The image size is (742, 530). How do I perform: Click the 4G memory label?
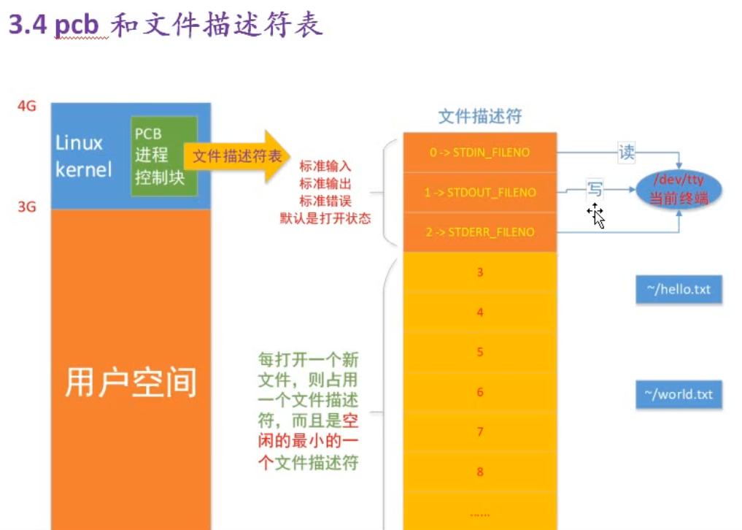(x=27, y=106)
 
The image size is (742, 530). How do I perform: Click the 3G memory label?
(x=27, y=207)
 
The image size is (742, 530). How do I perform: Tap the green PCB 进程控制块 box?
(x=163, y=155)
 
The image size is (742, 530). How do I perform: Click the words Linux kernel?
(x=83, y=156)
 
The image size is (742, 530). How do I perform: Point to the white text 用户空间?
(x=131, y=382)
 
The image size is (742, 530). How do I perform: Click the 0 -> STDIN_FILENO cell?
(x=479, y=153)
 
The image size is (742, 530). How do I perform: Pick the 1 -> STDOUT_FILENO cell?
(x=479, y=193)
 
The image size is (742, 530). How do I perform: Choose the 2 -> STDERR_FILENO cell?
(x=479, y=232)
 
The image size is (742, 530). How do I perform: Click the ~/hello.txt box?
(x=679, y=290)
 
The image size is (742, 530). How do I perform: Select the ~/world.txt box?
(x=679, y=395)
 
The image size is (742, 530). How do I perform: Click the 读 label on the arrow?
(x=626, y=152)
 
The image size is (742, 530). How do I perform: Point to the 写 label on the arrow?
(x=595, y=190)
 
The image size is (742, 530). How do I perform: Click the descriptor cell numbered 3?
(x=479, y=273)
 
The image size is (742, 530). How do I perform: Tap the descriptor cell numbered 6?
(x=479, y=392)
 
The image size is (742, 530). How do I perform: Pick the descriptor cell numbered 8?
(x=479, y=472)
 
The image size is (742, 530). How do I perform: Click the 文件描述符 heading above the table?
(x=479, y=117)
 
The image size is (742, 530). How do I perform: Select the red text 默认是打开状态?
(x=325, y=217)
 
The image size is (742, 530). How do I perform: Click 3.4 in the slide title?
(x=28, y=26)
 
